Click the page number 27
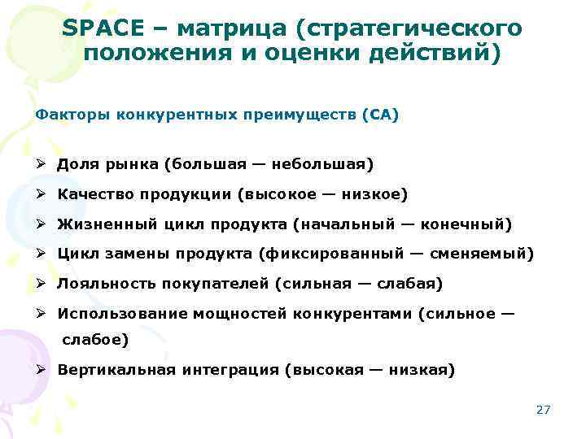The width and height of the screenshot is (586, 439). point(544,410)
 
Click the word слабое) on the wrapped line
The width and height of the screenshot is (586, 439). point(94,341)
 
